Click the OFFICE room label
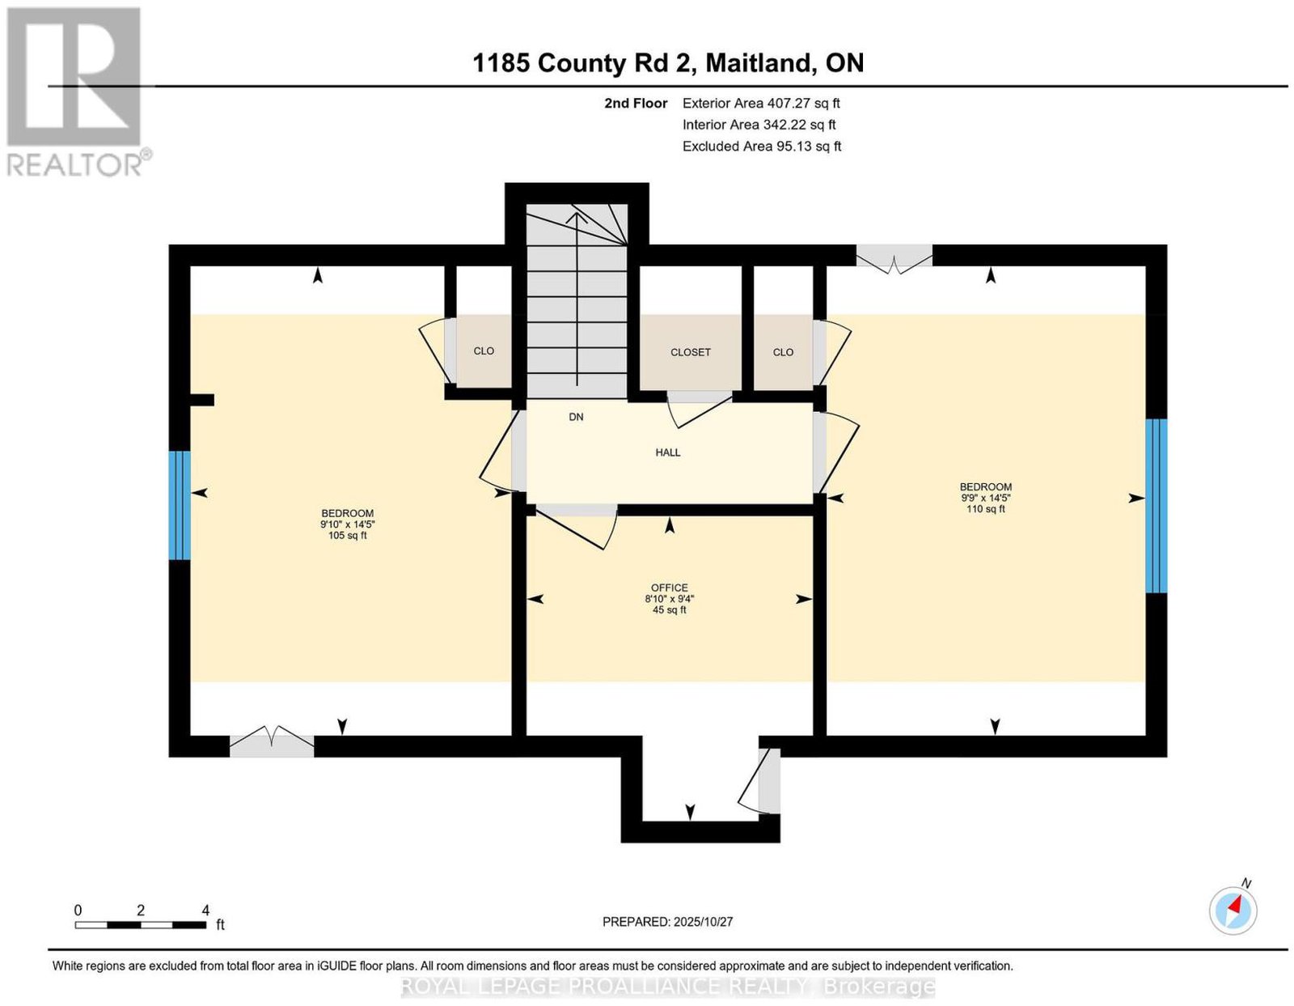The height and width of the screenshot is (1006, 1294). click(x=669, y=588)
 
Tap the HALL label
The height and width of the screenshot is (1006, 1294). click(x=667, y=452)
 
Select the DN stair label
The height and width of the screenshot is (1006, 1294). click(x=576, y=417)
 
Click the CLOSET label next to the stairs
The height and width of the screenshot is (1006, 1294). click(x=690, y=352)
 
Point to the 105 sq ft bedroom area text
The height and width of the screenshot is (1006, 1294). click(x=347, y=536)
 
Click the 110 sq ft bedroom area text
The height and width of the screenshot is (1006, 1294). click(x=986, y=508)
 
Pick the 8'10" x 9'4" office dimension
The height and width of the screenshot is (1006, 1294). click(x=670, y=599)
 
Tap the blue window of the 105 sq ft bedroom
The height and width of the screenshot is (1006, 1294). click(x=180, y=505)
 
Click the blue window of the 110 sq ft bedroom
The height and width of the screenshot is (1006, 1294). click(x=1156, y=506)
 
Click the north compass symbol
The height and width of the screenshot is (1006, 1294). click(x=1233, y=910)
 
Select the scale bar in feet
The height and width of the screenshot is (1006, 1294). click(x=141, y=925)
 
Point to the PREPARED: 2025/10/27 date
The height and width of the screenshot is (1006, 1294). click(x=667, y=922)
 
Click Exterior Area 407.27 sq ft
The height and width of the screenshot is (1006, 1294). click(x=761, y=103)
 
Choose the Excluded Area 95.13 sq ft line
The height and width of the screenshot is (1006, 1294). click(x=762, y=146)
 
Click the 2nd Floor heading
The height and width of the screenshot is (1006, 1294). click(x=636, y=103)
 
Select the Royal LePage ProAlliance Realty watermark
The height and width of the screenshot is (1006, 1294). click(x=667, y=987)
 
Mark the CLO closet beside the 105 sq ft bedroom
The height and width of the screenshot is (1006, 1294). click(x=484, y=350)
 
